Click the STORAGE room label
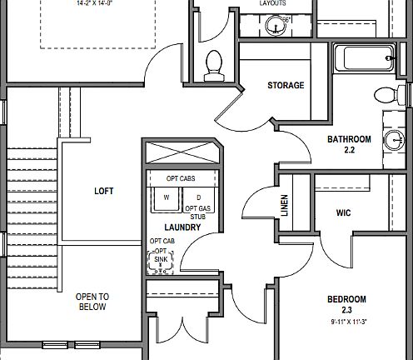coord(286,86)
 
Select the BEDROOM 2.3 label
coord(346,304)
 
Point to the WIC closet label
coord(344,213)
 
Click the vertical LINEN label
coord(285,206)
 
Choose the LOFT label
coord(104,191)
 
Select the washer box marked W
coord(167,198)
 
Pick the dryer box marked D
coord(198,198)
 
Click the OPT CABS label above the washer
coord(182,178)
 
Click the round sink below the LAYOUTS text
coord(275,26)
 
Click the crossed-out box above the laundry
coord(181,155)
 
